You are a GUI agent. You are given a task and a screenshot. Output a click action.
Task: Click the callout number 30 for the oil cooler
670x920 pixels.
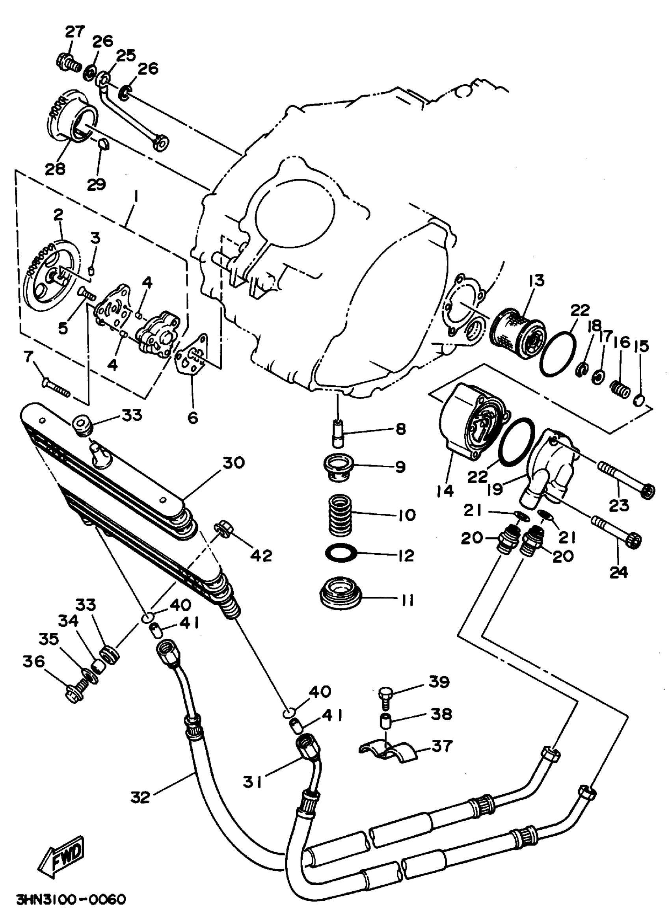233,463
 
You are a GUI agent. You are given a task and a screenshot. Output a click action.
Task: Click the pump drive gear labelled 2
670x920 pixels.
52,270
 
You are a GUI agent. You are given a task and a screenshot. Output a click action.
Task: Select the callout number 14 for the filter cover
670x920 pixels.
445,490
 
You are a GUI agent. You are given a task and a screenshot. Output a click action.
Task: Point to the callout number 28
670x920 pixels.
55,169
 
